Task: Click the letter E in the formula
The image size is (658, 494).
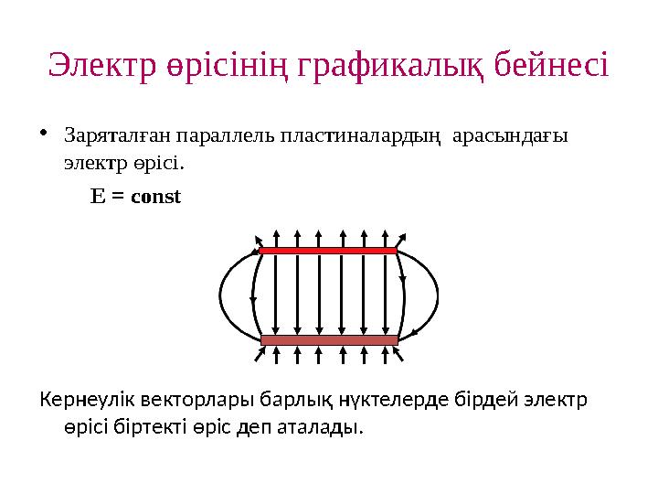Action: [96, 196]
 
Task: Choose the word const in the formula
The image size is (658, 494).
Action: [156, 196]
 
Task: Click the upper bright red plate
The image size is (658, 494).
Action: [328, 250]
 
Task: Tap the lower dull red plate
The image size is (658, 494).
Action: [329, 339]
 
